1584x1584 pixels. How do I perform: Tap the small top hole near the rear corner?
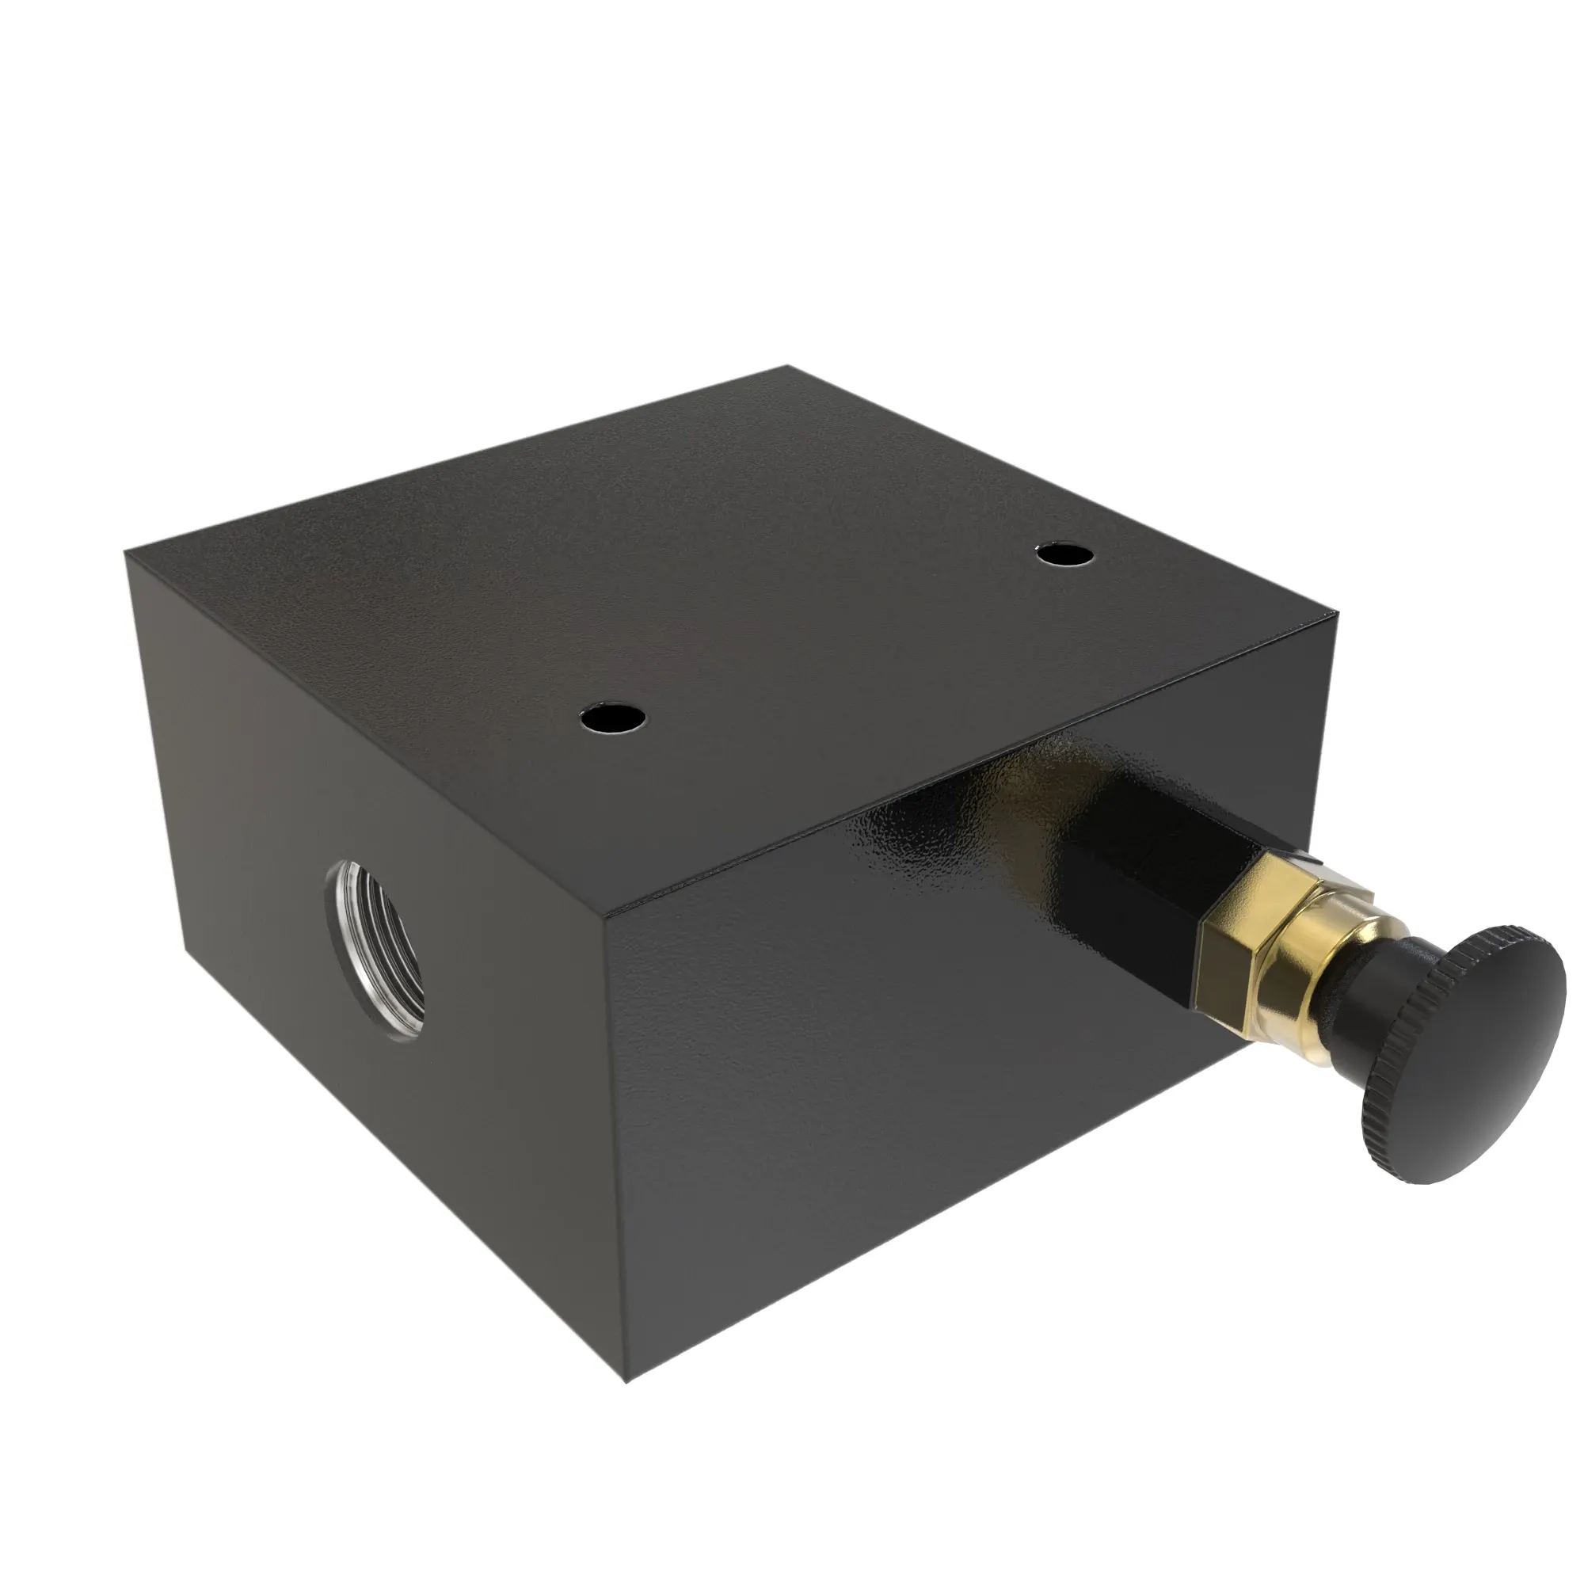[1064, 555]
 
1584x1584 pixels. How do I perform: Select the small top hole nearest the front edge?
[611, 718]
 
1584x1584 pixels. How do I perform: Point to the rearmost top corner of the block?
[787, 367]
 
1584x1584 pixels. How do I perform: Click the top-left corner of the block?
[125, 552]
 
